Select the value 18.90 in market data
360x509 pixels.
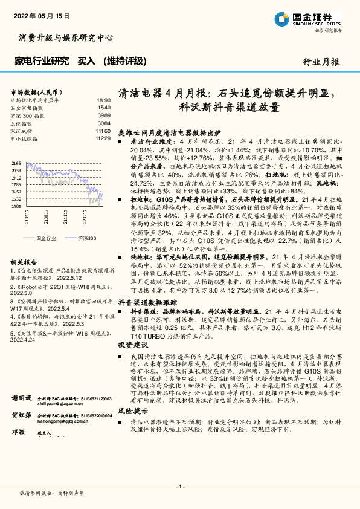(103, 100)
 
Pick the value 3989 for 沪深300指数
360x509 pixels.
(104, 115)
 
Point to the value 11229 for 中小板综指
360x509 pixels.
(103, 138)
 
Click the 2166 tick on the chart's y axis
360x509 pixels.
(16, 163)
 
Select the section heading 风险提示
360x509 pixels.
(132, 427)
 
